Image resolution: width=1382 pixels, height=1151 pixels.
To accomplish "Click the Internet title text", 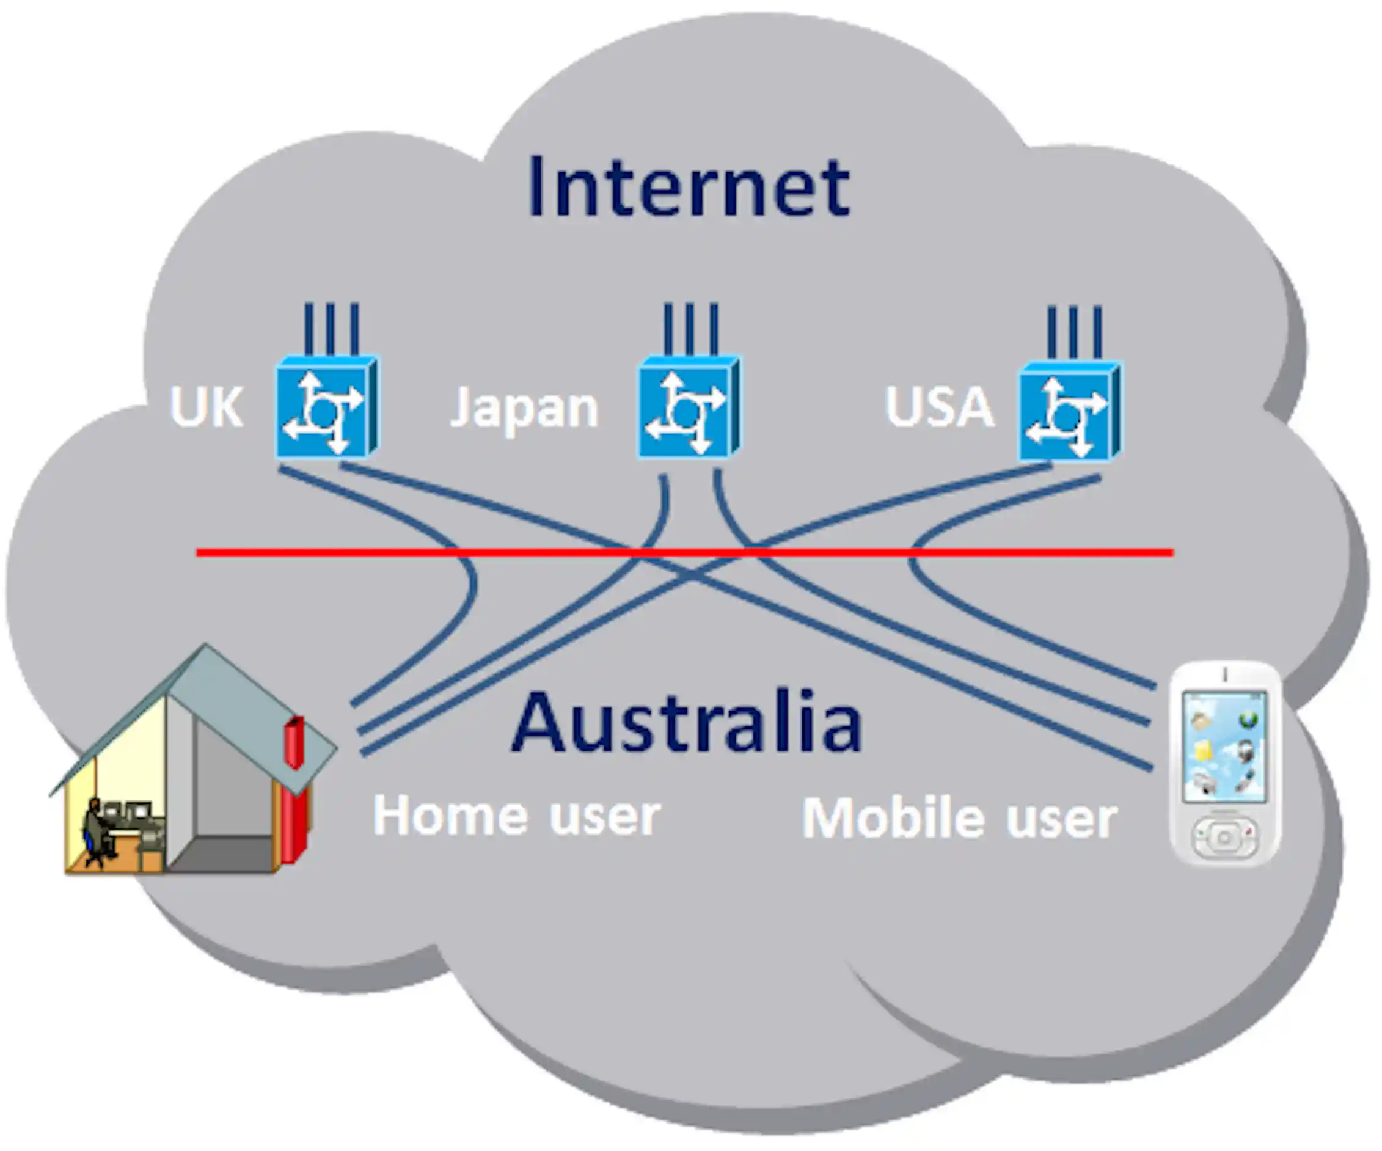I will (x=689, y=188).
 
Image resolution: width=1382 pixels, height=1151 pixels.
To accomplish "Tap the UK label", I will (x=206, y=407).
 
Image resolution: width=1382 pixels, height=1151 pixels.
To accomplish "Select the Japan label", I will (x=524, y=408).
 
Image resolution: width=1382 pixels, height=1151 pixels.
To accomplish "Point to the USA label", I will (x=939, y=407).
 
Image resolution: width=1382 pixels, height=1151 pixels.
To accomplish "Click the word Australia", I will (x=686, y=723).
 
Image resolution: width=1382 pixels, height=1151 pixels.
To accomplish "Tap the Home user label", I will (x=516, y=816).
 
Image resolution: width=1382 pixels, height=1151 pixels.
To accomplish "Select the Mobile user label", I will (x=959, y=819).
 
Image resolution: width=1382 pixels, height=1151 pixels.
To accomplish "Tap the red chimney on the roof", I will (x=294, y=742).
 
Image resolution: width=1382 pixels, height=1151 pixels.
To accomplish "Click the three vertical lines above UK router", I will (x=331, y=329).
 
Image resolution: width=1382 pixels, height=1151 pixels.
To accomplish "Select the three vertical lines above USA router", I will (x=1074, y=331).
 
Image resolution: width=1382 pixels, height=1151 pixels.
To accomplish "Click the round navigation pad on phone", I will (x=1224, y=838).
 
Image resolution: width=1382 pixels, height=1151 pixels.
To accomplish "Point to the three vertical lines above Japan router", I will (x=690, y=329).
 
